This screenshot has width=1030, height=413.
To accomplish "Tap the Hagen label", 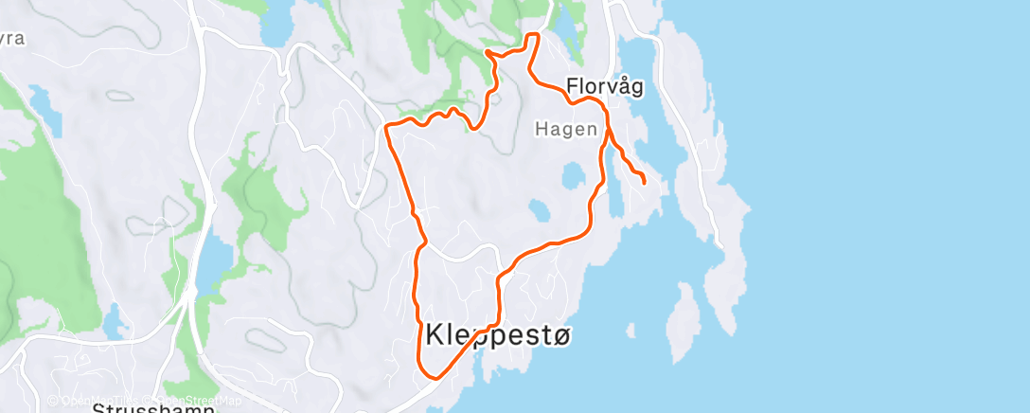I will click(566, 129).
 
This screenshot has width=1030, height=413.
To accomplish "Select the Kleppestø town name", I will click(500, 334).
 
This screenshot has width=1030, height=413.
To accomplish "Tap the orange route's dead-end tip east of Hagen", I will click(644, 181).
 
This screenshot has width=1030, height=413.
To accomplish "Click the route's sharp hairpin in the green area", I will click(487, 52).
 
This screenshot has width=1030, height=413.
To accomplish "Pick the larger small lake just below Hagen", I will click(572, 175).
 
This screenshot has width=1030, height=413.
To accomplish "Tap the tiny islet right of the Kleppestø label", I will click(630, 330).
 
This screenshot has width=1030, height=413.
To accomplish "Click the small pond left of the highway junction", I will click(113, 323).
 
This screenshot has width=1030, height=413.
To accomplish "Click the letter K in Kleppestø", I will click(436, 334).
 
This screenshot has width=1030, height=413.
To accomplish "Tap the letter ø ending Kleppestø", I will click(562, 334).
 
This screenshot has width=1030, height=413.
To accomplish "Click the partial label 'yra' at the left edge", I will click(11, 40).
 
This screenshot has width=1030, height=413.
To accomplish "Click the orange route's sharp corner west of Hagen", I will click(387, 125).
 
